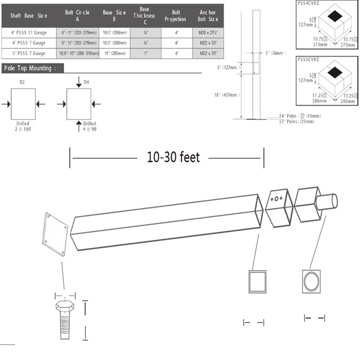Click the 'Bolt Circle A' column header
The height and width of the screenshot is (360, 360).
pyautogui.click(x=77, y=16)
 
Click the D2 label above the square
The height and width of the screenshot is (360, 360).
pyautogui.click(x=22, y=82)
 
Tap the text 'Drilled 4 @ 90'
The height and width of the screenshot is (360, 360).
pyautogui.click(x=90, y=126)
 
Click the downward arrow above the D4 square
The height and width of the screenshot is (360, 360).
pyautogui.click(x=79, y=81)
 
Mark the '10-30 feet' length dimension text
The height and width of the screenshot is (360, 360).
pyautogui.click(x=173, y=157)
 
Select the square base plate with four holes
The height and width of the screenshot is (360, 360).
pyautogui.click(x=56, y=234)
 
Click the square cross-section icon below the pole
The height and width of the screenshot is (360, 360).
pyautogui.click(x=257, y=282)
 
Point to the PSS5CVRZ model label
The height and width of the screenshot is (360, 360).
pyautogui.click(x=309, y=58)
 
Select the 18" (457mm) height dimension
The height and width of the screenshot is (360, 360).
pyautogui.click(x=227, y=95)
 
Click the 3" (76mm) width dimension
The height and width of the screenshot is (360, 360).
pyautogui.click(x=275, y=53)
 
